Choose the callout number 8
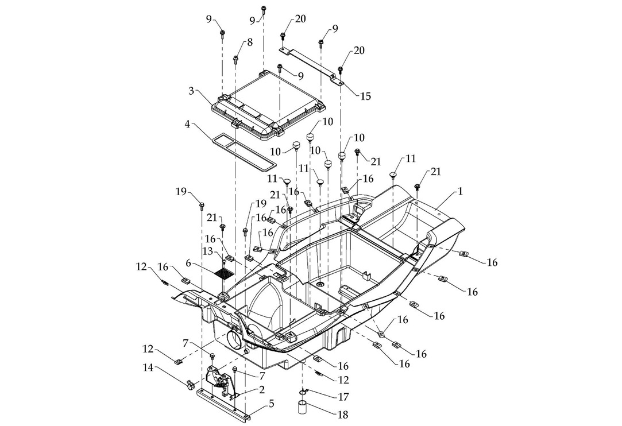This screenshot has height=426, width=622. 250,42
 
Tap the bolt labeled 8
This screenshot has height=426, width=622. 236,59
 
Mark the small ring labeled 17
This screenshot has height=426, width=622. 303,393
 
